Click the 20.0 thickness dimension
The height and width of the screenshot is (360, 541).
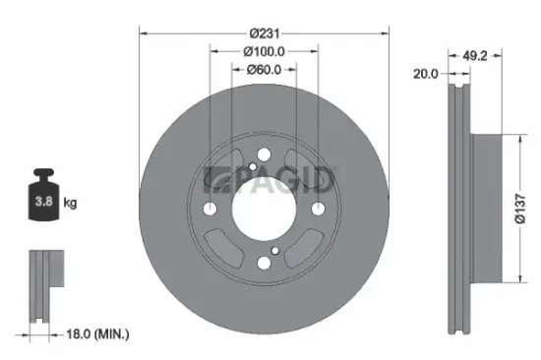pos(425,73)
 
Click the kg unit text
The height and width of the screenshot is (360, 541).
pos(71,204)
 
